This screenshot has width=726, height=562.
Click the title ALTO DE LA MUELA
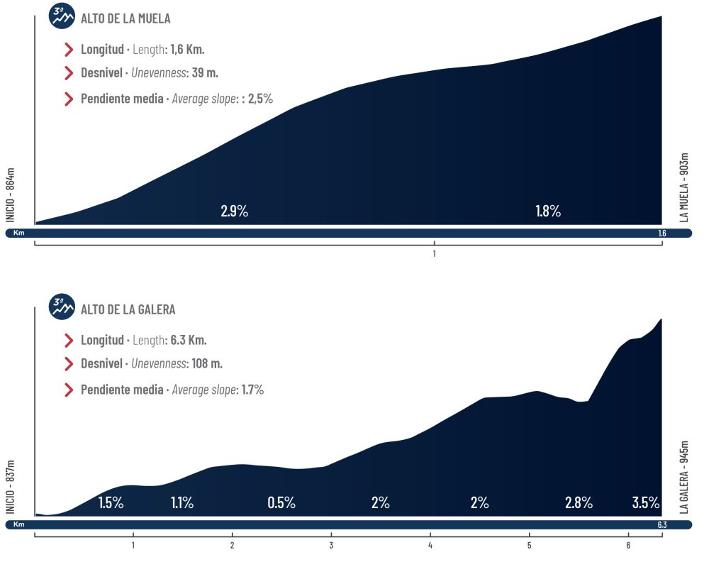[125, 18]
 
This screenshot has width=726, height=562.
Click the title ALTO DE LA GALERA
[128, 309]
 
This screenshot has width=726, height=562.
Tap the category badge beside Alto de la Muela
[62, 16]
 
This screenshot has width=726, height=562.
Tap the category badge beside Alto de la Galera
[62, 307]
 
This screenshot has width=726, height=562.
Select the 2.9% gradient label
[234, 211]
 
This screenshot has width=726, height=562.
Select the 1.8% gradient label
[547, 211]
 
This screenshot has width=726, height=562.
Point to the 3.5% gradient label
[646, 503]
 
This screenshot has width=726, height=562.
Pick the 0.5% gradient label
[281, 503]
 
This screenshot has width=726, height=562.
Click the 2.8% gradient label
[579, 503]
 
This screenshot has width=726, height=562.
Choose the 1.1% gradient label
[182, 503]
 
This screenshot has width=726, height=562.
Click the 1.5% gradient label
[111, 503]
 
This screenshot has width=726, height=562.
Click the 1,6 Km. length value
[187, 50]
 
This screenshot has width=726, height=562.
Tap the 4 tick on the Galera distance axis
[430, 545]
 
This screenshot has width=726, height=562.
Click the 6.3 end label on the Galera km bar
[661, 524]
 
